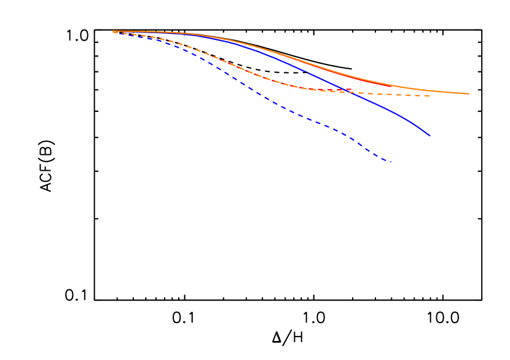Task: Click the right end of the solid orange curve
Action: click(469, 93)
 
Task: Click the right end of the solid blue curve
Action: click(430, 136)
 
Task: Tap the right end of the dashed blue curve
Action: click(391, 162)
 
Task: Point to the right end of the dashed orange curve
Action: click(430, 96)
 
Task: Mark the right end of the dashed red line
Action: click(351, 90)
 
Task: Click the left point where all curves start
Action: click(114, 31)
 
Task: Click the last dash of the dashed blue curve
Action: click(387, 161)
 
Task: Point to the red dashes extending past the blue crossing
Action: click(348, 90)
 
